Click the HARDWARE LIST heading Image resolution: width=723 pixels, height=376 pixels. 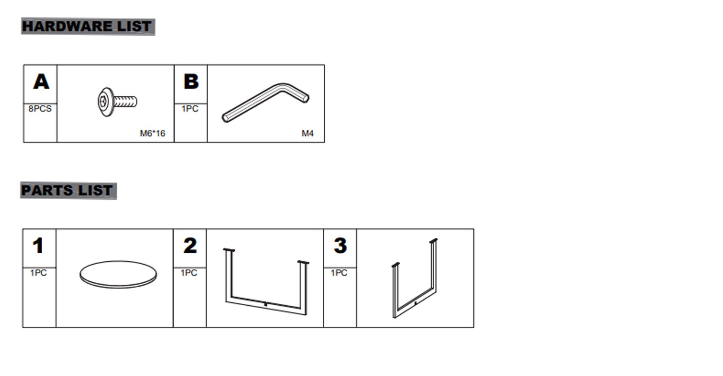87,26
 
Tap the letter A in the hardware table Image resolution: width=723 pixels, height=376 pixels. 41,82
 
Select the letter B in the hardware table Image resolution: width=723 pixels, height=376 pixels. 191,82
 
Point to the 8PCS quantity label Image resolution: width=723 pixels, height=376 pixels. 40,109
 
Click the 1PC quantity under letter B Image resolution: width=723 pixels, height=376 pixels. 190,109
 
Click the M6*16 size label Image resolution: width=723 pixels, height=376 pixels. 153,133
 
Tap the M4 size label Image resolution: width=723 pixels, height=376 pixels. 308,133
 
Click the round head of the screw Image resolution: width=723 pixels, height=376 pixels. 105,102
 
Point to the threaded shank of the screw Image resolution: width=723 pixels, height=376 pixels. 125,102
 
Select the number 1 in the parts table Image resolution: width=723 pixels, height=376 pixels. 38,246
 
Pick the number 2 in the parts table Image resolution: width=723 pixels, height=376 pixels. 190,246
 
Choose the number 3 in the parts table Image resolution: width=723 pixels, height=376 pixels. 340,246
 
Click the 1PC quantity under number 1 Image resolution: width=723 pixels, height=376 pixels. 38,273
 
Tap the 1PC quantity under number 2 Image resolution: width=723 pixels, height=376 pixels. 189,273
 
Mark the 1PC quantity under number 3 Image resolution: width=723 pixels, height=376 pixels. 339,273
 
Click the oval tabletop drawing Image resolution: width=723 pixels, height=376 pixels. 118,274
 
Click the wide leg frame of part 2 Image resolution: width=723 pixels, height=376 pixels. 265,303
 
